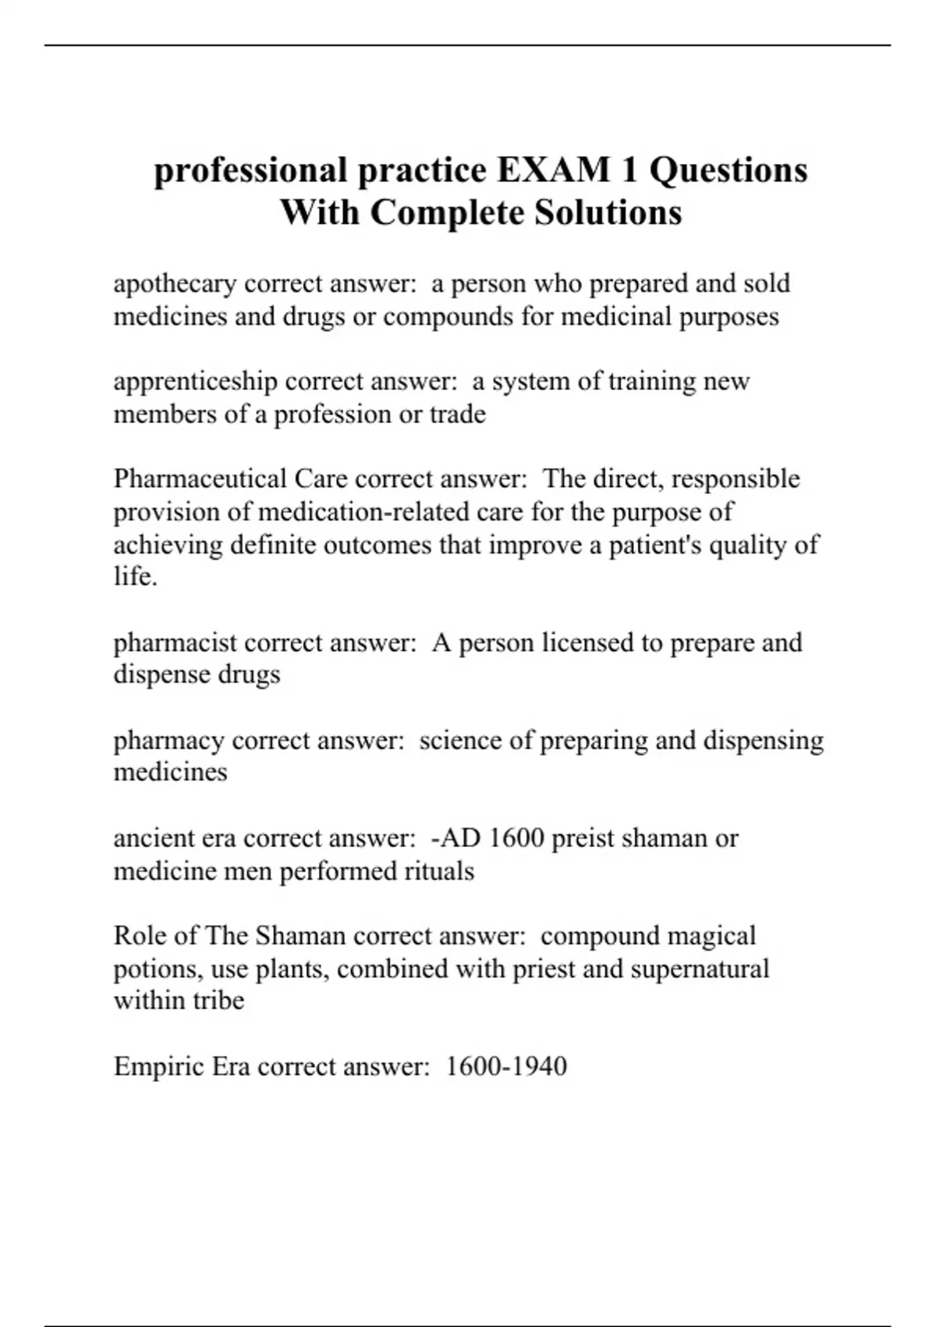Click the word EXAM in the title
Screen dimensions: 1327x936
tap(554, 170)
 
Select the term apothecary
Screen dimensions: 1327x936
tap(175, 284)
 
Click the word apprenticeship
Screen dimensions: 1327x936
tap(195, 382)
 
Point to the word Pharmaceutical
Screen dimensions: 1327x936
tap(200, 479)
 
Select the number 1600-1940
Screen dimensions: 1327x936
tap(506, 1066)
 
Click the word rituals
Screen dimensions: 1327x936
tap(438, 871)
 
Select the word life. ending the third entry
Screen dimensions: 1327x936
tap(136, 577)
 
